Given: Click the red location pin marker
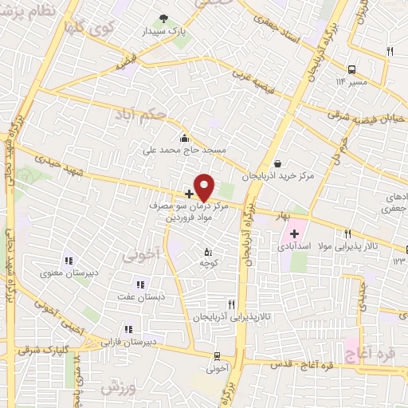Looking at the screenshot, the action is click(x=204, y=186).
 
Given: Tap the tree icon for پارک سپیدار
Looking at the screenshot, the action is click(x=164, y=18).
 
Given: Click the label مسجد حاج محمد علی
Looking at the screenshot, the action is click(x=185, y=149).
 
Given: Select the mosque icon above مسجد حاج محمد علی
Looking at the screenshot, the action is click(x=185, y=137).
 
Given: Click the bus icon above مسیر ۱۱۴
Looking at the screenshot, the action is click(x=352, y=69).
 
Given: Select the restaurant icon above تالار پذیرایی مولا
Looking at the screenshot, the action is click(x=347, y=233).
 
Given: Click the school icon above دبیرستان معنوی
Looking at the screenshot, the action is click(x=68, y=260).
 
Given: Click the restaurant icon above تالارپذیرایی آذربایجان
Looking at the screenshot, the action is click(x=231, y=304).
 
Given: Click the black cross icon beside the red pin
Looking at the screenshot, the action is click(x=189, y=194).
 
